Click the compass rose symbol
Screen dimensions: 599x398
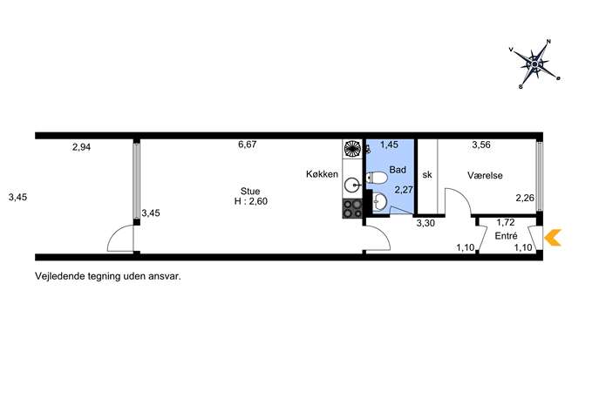coord(534,64)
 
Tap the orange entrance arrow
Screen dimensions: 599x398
coord(553,238)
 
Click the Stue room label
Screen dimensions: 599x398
coord(250,192)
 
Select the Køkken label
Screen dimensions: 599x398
coord(322,174)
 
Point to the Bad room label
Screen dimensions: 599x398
coord(398,170)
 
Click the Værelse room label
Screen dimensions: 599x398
coord(485,176)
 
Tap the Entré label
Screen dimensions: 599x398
coord(507,236)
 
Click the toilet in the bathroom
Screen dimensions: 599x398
coord(377,178)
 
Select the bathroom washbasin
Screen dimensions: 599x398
coord(379,201)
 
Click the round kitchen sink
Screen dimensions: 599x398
coord(352,186)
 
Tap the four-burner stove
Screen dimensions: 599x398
coord(352,209)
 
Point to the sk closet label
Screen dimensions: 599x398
coord(427,175)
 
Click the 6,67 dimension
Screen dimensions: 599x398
coord(247,145)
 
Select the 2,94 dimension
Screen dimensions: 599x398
coord(81,147)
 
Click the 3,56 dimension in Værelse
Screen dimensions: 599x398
coord(481,145)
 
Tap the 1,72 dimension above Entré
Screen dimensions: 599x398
coord(506,222)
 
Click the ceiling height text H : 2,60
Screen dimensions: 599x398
coord(250,201)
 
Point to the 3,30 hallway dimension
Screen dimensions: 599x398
coord(425,223)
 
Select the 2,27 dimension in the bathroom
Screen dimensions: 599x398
coord(404,190)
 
